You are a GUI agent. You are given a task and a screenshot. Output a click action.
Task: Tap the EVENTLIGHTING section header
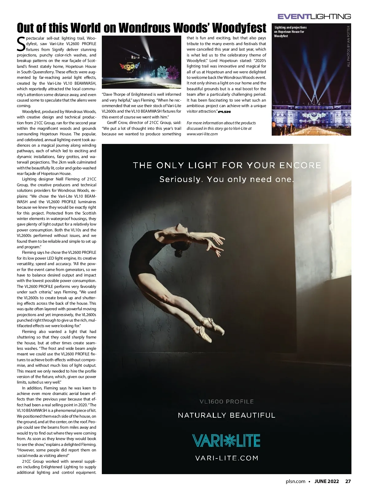pyautogui.click(x=314, y=17)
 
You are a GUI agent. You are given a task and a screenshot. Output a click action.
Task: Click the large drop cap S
pyautogui.click(x=21, y=44)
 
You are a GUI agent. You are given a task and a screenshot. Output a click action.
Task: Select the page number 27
pyautogui.click(x=348, y=481)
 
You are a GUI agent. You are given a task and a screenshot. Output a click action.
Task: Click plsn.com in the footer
pyautogui.click(x=295, y=481)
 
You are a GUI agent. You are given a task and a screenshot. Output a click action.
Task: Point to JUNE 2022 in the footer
pyautogui.click(x=327, y=481)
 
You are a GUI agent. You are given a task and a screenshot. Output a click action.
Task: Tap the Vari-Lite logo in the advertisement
pyautogui.click(x=226, y=440)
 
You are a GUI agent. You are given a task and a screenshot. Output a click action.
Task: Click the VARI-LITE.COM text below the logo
pyautogui.click(x=227, y=458)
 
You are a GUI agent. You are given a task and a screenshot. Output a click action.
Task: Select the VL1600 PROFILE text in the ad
pyautogui.click(x=227, y=401)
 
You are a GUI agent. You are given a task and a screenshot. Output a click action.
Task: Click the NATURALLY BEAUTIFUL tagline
pyautogui.click(x=227, y=415)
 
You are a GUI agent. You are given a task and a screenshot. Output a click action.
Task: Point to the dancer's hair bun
pyautogui.click(x=178, y=253)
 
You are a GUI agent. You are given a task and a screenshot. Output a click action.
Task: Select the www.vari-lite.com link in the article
pyautogui.click(x=202, y=134)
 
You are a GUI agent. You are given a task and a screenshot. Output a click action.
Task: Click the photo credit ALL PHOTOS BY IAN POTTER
pyautogui.click(x=348, y=46)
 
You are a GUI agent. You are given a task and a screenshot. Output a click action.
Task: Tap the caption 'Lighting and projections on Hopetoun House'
pyautogui.click(x=290, y=32)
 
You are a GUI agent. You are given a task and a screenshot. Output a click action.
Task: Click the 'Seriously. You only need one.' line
pyautogui.click(x=227, y=179)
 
